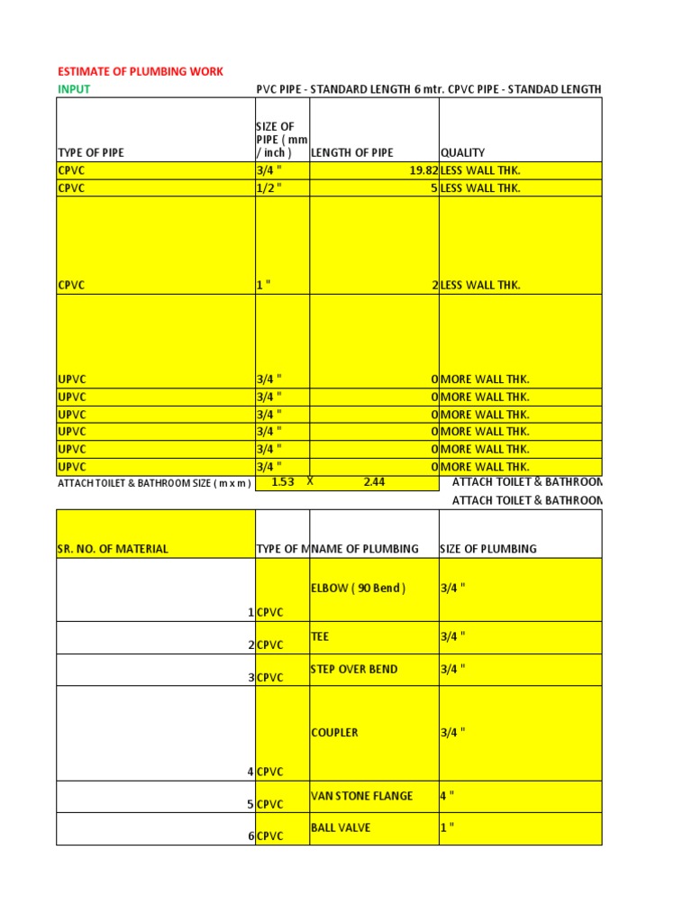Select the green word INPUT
pos(74,89)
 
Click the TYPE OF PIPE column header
pos(91,152)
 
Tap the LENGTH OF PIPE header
pos(352,152)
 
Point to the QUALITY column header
pos(462,152)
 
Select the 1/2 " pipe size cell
pos(269,188)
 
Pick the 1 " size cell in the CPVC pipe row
pos(264,285)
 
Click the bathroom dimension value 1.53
pos(283,482)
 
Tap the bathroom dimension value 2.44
pos(374,482)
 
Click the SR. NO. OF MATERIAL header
pos(113,549)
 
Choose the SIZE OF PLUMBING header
pos(487,549)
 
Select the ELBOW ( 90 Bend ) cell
pos(358,589)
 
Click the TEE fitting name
pos(320,636)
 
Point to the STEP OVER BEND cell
pos(353,670)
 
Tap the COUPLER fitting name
pos(334,733)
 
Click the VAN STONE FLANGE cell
pos(361,796)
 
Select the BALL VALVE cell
pos(341,827)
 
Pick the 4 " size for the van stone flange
pos(447,796)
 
